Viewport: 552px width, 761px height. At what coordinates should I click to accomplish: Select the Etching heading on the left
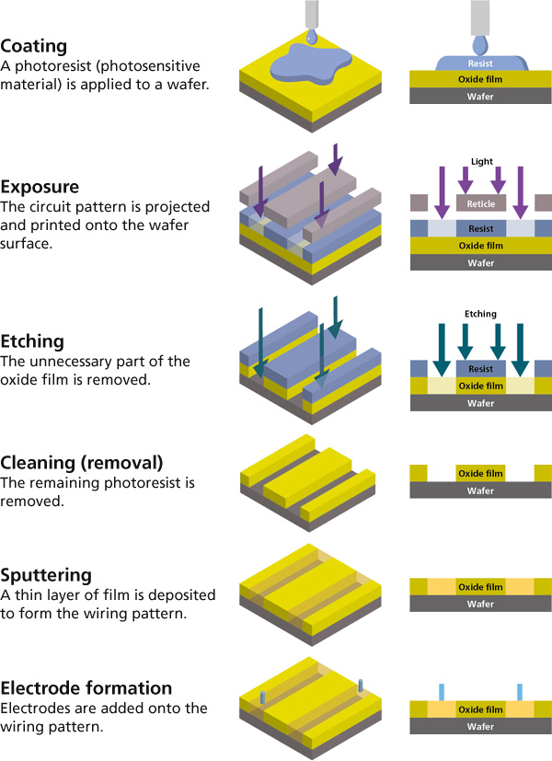[x=33, y=341]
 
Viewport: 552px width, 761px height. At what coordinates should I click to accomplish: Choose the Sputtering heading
[x=46, y=578]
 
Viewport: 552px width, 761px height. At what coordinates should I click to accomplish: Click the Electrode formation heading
[x=86, y=688]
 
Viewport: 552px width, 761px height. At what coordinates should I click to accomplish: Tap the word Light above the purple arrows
[x=481, y=161]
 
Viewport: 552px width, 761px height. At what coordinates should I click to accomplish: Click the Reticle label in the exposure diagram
[x=481, y=203]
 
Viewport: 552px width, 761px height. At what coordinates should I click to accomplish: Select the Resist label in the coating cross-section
[x=480, y=65]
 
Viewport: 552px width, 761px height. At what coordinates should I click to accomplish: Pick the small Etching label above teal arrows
[x=481, y=314]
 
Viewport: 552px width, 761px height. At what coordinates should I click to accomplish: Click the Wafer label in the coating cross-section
[x=480, y=97]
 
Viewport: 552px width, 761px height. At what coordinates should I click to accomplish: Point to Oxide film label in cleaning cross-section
[x=480, y=474]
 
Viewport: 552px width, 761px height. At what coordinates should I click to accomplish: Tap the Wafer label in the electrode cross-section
[x=480, y=728]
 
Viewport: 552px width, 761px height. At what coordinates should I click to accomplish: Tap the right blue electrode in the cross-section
[x=520, y=692]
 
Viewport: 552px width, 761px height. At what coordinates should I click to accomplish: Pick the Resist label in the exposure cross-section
[x=480, y=229]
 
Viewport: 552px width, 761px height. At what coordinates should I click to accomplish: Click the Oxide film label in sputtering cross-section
[x=480, y=587]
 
